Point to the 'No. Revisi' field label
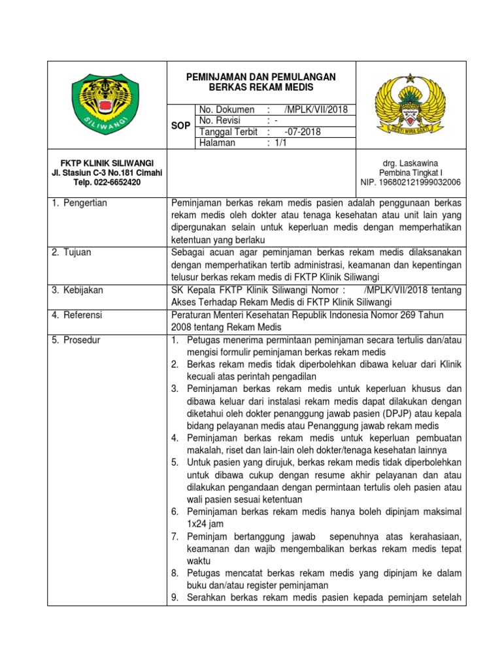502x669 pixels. [220, 121]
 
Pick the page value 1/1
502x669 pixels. [280, 143]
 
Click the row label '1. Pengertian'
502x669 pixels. [79, 203]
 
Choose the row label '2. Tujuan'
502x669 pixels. [73, 252]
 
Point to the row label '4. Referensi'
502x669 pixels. [77, 315]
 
